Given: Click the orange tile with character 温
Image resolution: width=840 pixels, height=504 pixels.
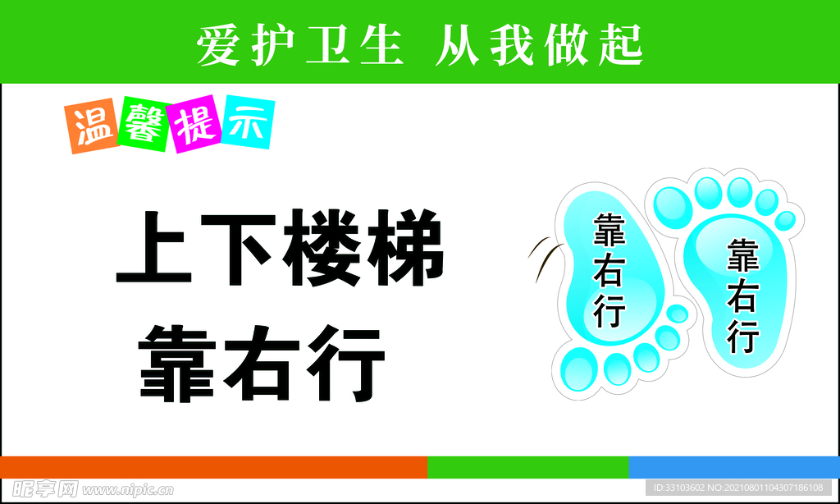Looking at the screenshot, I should pyautogui.click(x=92, y=127).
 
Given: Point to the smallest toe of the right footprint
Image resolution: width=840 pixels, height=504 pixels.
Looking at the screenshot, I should pyautogui.click(x=785, y=220).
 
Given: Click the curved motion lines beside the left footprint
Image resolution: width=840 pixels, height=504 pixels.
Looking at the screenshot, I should pyautogui.click(x=541, y=254).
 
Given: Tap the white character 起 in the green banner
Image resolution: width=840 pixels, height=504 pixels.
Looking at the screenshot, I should pyautogui.click(x=619, y=44).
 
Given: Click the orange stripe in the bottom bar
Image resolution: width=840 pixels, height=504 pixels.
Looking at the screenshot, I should pyautogui.click(x=213, y=467).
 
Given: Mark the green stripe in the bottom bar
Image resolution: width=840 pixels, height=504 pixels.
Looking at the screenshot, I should pyautogui.click(x=527, y=467).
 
